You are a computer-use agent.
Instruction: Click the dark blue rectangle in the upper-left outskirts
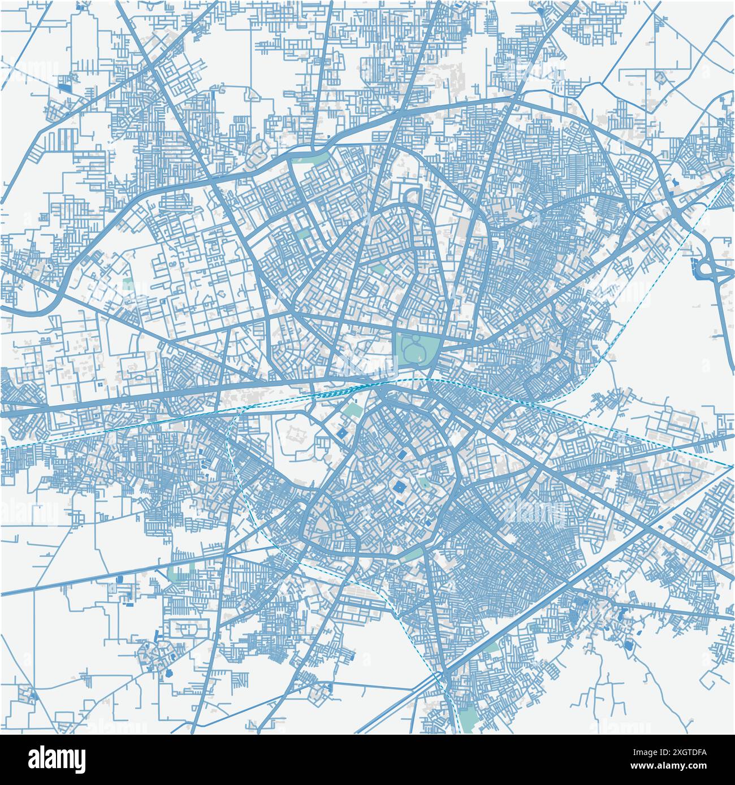65,88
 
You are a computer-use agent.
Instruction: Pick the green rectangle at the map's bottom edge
468,721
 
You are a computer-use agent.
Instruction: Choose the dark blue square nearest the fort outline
343,433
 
